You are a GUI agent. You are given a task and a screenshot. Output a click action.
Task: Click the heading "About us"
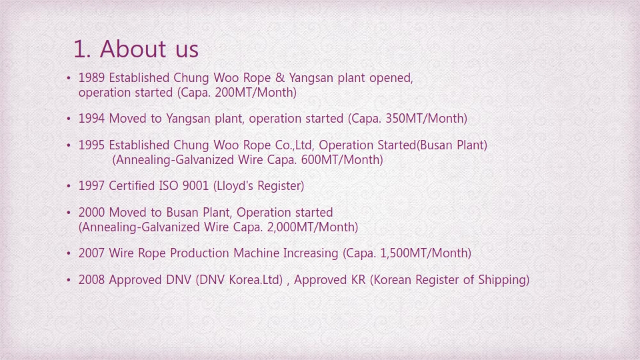coord(149,49)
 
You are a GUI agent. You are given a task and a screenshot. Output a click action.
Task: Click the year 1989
coord(91,77)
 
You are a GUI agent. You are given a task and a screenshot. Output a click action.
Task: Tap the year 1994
coord(91,119)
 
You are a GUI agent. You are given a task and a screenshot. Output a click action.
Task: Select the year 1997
coord(91,186)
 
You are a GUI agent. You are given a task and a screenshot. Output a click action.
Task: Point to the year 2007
coord(91,253)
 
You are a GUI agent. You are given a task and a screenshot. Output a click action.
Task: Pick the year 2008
coord(91,279)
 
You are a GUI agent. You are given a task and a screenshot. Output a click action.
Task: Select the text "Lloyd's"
coord(233,186)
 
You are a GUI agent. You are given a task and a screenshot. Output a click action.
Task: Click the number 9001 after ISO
coord(195,186)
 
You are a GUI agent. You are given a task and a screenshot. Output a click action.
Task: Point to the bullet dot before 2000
coord(69,213)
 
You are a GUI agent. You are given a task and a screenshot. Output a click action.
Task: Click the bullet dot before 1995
coord(69,145)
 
